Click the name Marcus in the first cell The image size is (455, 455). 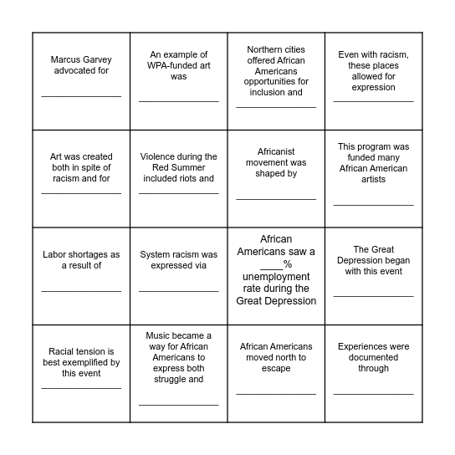(x=65, y=59)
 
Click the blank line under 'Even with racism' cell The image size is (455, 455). (x=373, y=101)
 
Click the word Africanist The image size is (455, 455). (x=276, y=151)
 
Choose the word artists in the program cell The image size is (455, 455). (x=373, y=179)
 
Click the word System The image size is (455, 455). (x=157, y=254)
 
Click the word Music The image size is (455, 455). (x=161, y=335)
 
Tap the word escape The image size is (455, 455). (x=276, y=368)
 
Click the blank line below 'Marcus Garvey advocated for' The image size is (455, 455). (x=81, y=96)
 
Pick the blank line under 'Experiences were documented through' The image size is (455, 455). (x=373, y=393)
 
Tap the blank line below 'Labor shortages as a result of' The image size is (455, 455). (x=81, y=291)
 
